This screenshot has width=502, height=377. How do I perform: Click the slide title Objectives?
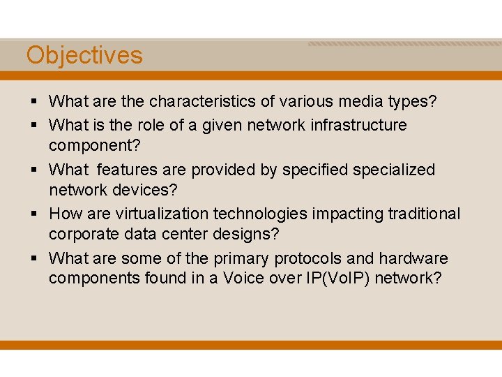(x=84, y=55)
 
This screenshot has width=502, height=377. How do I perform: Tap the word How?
(x=65, y=214)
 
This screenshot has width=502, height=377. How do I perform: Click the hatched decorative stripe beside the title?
(x=404, y=44)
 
